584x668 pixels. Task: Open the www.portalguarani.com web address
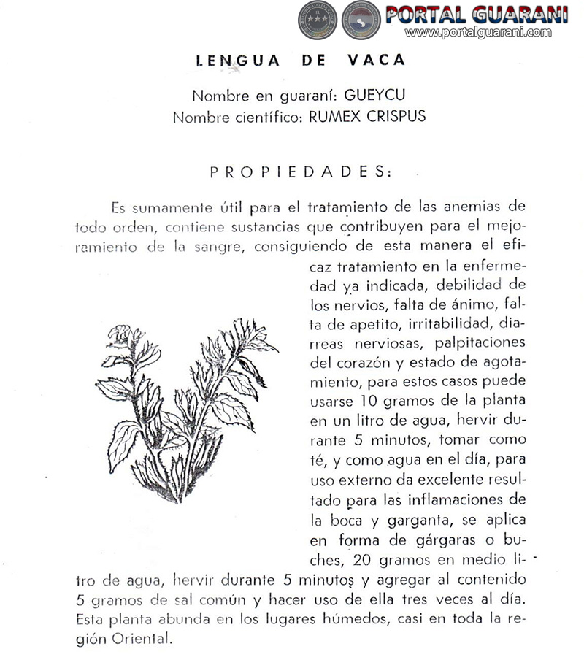click(478, 32)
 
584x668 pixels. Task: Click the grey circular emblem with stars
click(317, 20)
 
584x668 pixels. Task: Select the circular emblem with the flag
click(361, 20)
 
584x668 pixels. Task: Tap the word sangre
click(219, 246)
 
